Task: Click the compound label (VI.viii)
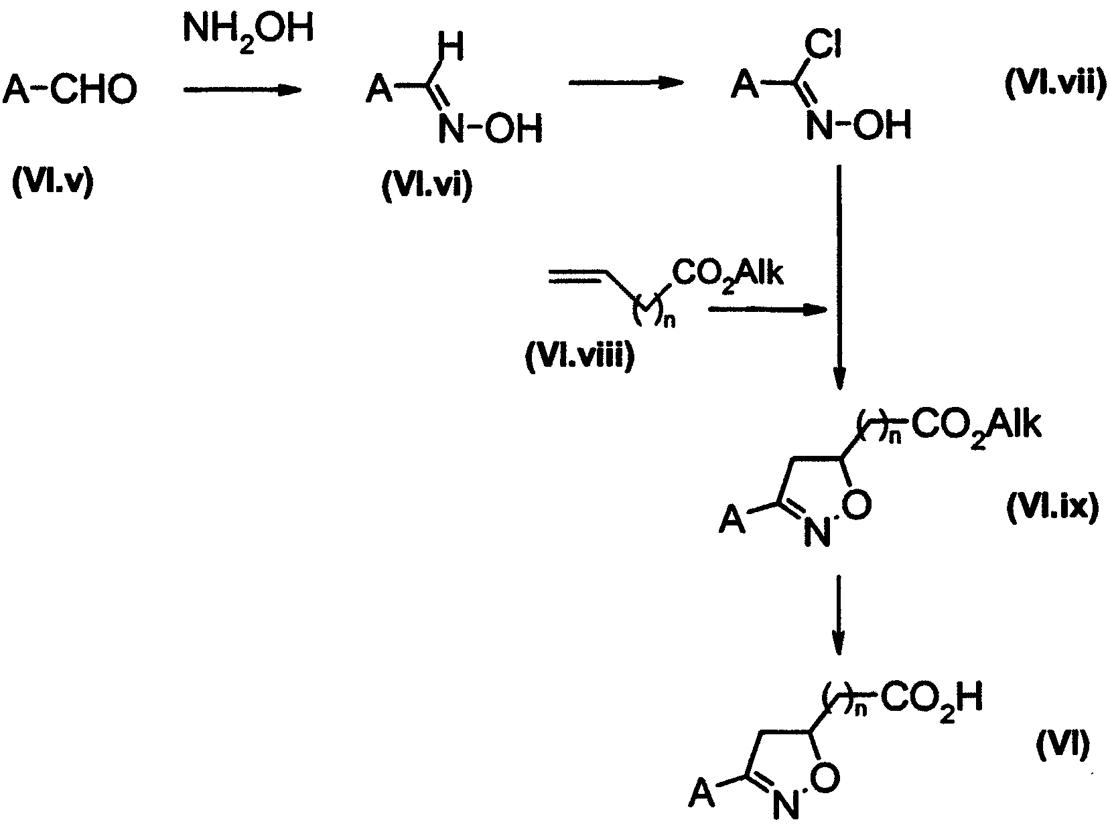point(579,357)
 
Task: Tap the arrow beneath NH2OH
point(242,90)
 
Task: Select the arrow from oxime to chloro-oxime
point(626,82)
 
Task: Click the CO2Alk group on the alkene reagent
point(727,274)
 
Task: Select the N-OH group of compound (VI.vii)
point(858,125)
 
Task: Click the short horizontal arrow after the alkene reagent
point(768,311)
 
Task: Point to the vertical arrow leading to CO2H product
point(839,615)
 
